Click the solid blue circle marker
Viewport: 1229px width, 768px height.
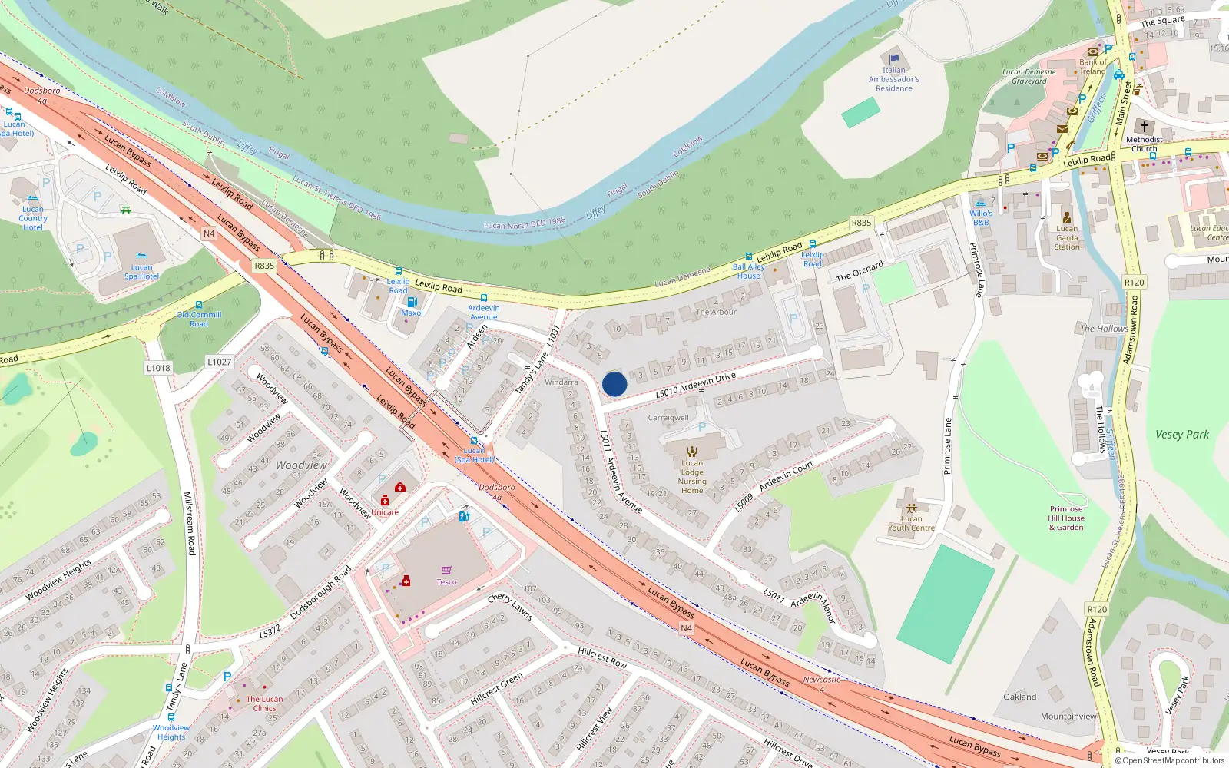point(614,384)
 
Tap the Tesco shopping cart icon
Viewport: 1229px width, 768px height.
point(446,570)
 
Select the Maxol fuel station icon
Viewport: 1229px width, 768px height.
point(412,302)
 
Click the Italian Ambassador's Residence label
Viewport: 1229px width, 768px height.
point(894,79)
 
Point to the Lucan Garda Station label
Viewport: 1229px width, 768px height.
point(1067,237)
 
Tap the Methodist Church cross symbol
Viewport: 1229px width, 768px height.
point(1145,127)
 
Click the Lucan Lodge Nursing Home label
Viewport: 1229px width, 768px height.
point(692,477)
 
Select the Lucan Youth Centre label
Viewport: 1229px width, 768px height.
point(912,523)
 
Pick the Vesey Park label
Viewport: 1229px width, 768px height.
point(1182,435)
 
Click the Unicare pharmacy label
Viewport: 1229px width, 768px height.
point(385,512)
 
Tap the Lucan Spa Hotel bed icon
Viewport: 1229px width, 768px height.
point(141,257)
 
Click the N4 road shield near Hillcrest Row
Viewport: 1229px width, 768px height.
point(687,628)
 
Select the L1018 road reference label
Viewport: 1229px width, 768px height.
point(158,368)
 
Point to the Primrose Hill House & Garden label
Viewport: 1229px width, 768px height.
point(1066,518)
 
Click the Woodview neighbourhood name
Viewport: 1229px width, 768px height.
point(301,465)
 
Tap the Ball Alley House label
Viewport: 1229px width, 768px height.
point(748,271)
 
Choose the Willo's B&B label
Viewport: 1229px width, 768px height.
point(981,218)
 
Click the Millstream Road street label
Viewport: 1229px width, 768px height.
point(189,524)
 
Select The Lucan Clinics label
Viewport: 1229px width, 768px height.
point(264,703)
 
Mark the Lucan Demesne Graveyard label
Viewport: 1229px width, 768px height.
point(1029,77)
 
